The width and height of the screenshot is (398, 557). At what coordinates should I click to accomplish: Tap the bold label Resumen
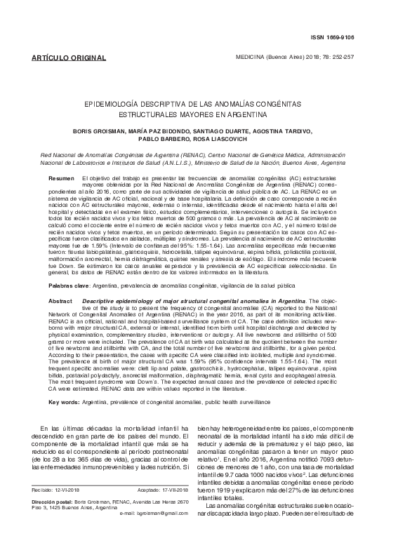pos(60,180)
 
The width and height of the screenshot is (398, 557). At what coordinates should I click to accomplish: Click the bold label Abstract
pos(60,299)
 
